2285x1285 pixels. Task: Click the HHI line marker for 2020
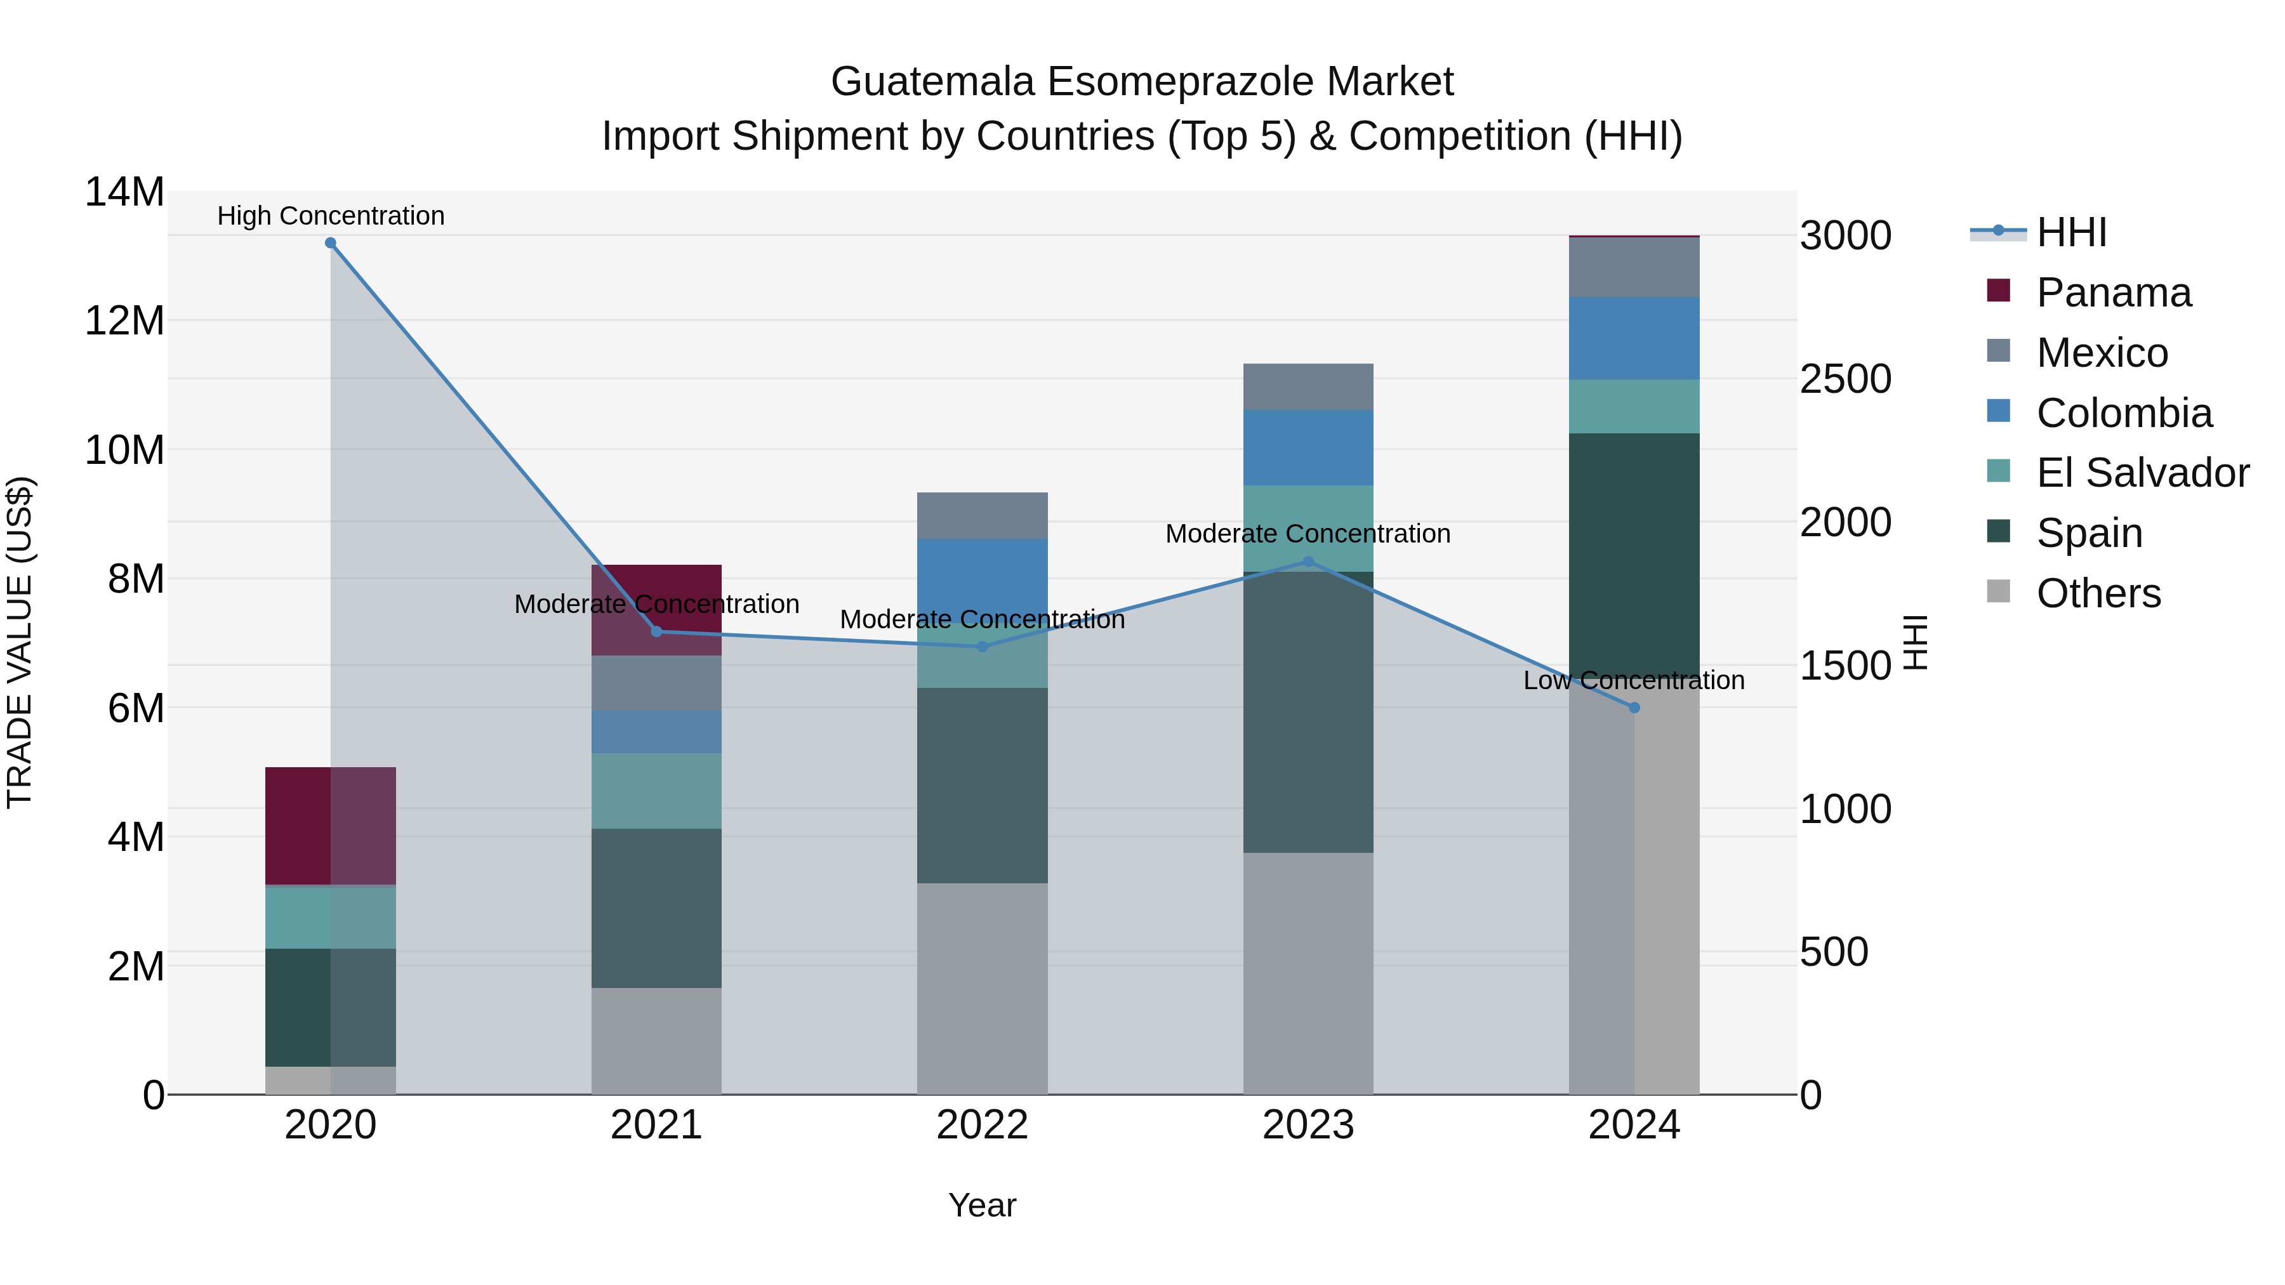330,243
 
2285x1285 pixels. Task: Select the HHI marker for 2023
1308,562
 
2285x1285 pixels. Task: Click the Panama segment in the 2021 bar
656,589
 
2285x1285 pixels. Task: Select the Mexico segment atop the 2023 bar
1308,386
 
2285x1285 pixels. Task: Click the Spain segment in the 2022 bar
982,785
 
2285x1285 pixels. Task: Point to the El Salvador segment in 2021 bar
656,791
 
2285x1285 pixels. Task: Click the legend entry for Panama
2113,293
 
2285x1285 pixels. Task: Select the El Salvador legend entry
2142,473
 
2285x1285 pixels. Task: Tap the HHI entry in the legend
2070,232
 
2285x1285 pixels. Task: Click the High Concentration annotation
331,216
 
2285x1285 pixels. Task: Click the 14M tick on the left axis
124,192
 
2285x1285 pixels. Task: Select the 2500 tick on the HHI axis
1845,379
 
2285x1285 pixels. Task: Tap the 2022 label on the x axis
982,1125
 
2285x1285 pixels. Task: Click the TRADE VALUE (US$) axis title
20,642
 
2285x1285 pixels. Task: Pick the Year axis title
982,1205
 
